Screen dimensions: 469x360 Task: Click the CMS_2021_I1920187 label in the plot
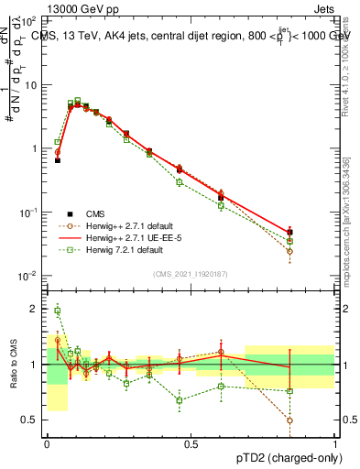190,272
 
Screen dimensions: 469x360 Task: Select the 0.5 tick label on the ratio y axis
32,420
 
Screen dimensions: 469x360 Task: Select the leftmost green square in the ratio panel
58,311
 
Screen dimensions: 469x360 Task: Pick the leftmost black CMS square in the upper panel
58,160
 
